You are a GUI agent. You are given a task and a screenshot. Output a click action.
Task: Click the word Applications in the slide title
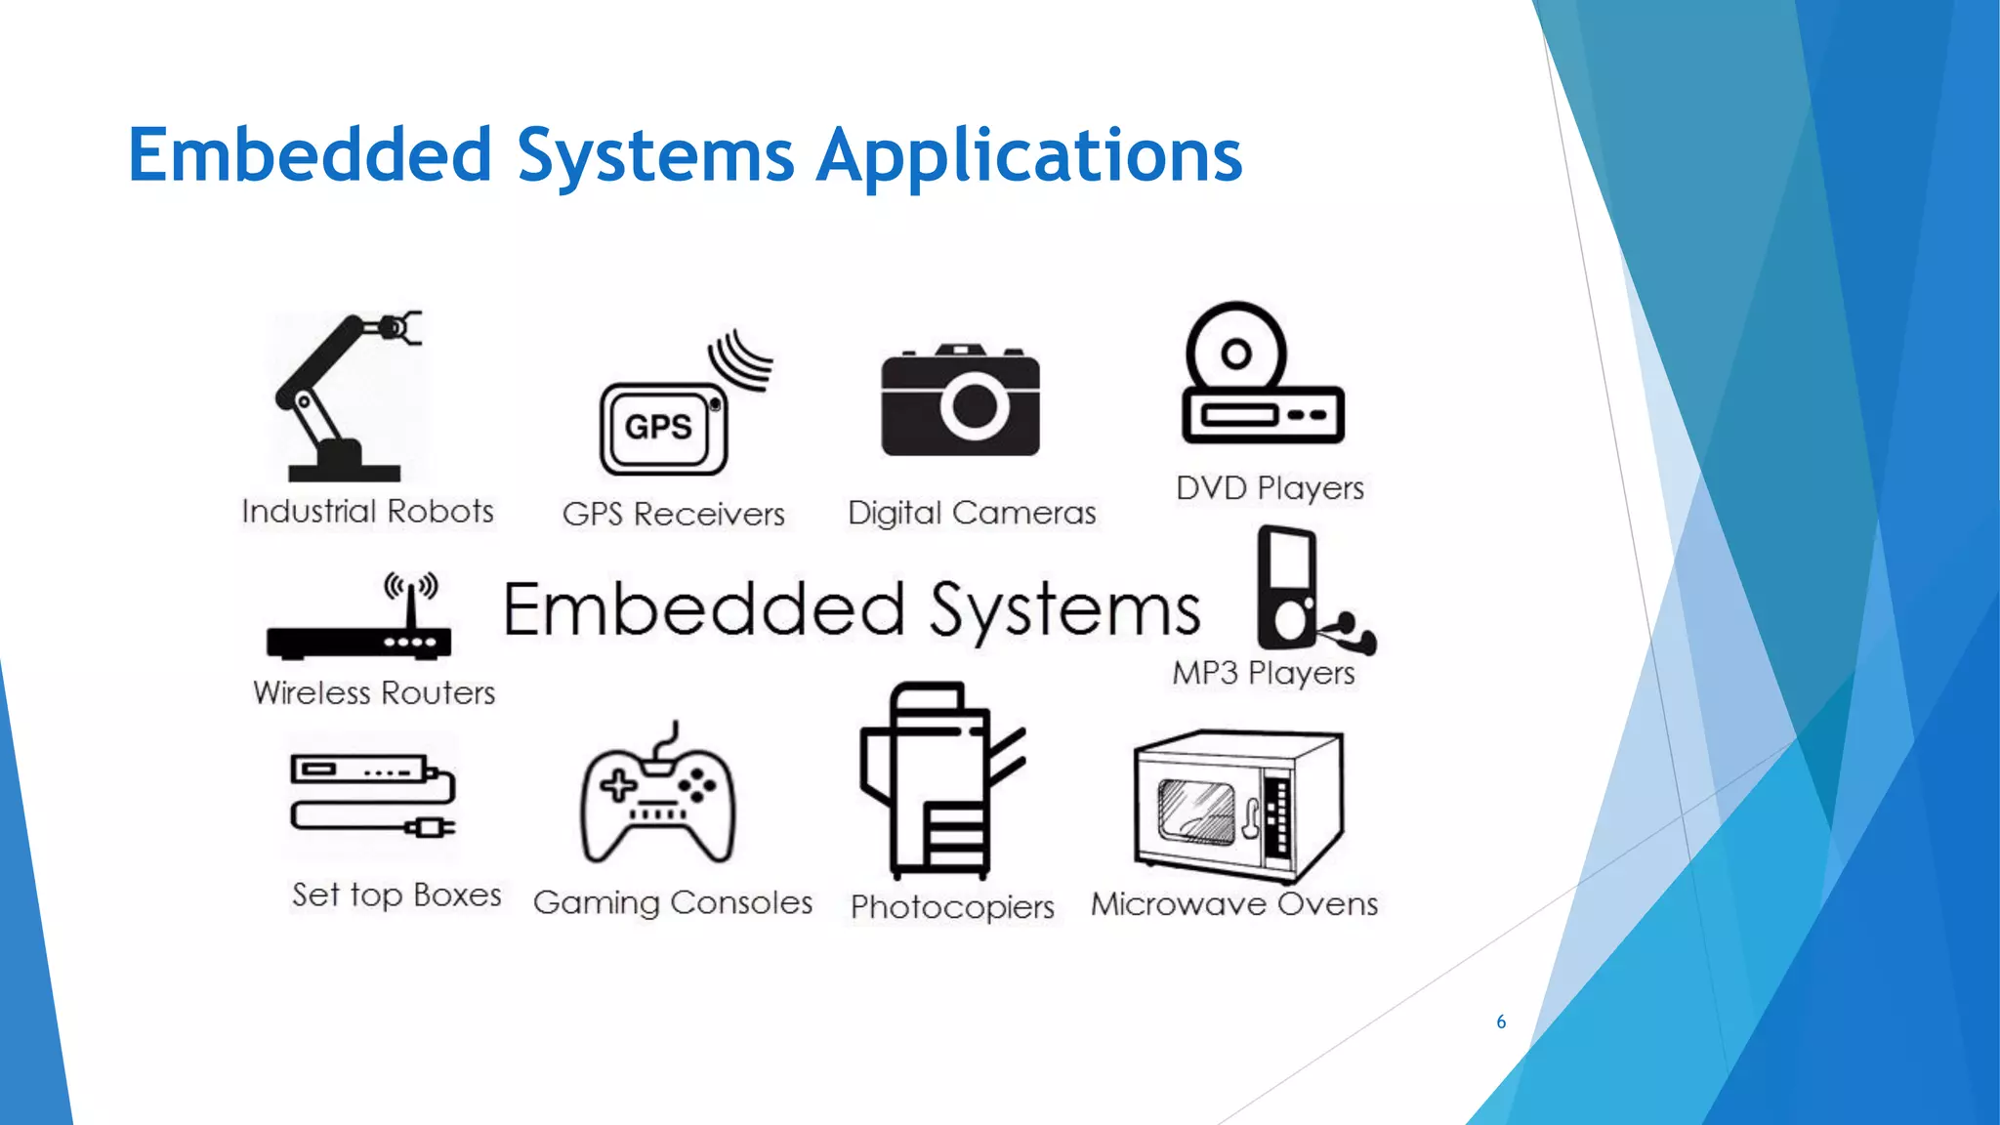[x=1029, y=156]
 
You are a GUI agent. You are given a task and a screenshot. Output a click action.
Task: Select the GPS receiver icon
[x=664, y=428]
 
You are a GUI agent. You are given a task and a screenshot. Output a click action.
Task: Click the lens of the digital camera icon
[x=974, y=405]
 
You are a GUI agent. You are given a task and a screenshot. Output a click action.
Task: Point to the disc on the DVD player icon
[x=1236, y=352]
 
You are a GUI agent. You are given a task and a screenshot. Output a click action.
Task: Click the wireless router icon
[x=358, y=640]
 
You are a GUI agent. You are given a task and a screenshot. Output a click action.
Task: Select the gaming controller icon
[x=657, y=801]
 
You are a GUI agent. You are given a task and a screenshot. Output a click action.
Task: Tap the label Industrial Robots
[x=367, y=512]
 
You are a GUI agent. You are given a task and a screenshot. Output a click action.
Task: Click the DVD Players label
[x=1270, y=487]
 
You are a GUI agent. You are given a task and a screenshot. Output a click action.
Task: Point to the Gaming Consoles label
[x=673, y=903]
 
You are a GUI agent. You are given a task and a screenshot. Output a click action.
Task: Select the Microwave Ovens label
[x=1234, y=904]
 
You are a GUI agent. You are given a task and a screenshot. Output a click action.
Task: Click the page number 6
[x=1501, y=1022]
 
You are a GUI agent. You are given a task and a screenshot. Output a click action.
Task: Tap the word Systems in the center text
[x=1064, y=610]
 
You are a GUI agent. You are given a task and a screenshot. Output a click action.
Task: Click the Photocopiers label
[x=952, y=907]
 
